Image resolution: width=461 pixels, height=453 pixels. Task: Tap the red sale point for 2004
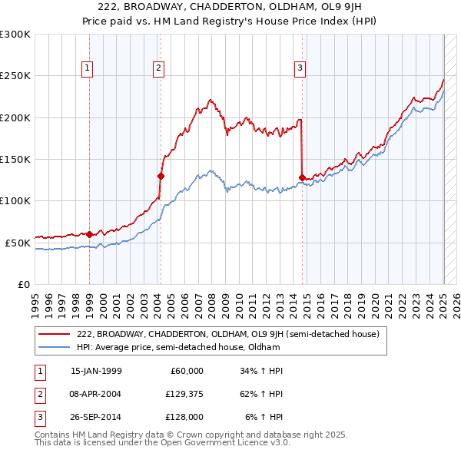point(161,176)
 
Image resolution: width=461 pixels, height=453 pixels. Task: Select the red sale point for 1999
point(89,234)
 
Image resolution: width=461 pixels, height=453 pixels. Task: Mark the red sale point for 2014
point(302,177)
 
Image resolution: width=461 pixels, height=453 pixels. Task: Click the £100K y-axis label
point(16,200)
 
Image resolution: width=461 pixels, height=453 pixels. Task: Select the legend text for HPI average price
point(177,347)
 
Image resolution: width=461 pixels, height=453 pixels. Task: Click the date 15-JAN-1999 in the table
point(96,370)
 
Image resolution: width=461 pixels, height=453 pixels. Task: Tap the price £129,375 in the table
point(183,394)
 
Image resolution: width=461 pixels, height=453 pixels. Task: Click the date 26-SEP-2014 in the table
point(96,417)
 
